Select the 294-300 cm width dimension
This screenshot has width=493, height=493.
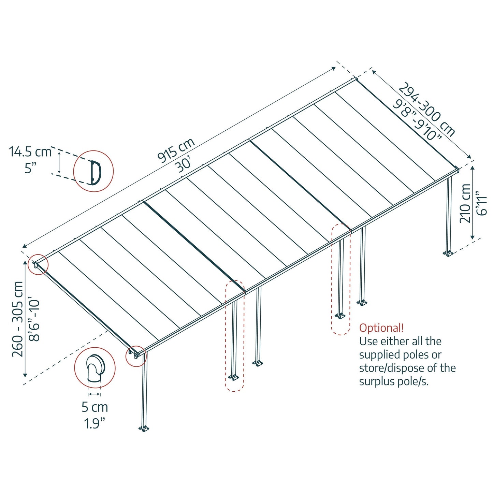pos(427,109)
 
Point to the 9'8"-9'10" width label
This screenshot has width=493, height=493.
pos(417,120)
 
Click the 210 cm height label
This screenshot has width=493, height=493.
pos(465,203)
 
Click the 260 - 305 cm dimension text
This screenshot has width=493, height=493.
pos(18,319)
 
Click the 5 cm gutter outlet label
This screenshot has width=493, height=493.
pos(95,407)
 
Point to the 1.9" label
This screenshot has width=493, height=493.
pos(95,423)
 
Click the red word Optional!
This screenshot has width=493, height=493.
pos(381,328)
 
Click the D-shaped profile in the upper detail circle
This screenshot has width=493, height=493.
pos(95,172)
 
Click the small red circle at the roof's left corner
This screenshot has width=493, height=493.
pos(38,264)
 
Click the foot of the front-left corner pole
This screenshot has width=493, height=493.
pos(144,428)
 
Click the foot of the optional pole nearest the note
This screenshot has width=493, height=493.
pos(340,316)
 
